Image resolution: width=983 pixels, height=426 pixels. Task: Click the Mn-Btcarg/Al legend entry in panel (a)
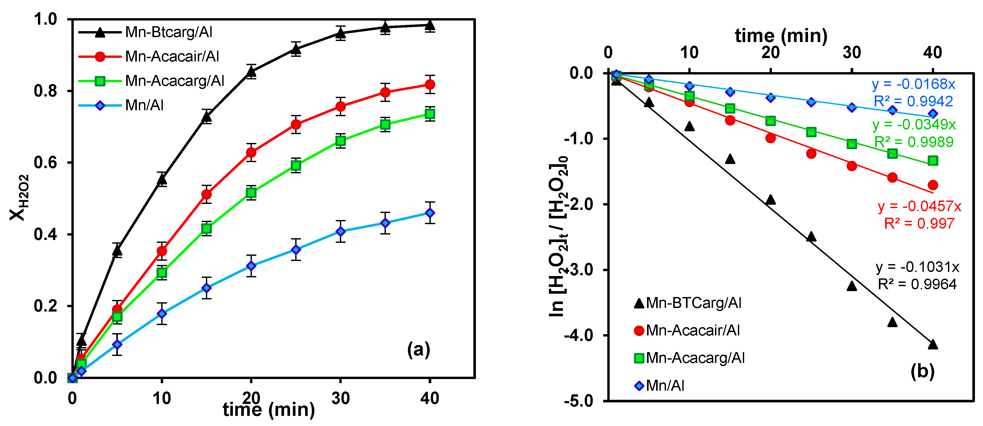168,32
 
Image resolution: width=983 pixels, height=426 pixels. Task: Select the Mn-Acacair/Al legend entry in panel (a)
172,57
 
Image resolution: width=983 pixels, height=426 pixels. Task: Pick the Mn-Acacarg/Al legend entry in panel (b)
695,358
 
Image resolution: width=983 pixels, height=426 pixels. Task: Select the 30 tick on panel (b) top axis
852,52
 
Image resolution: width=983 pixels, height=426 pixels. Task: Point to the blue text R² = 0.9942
913,101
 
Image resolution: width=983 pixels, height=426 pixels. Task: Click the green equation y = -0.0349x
914,124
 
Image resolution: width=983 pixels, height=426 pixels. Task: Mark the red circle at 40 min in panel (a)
430,84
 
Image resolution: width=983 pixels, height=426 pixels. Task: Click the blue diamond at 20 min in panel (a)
251,265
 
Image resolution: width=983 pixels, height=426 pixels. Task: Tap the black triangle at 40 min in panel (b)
933,344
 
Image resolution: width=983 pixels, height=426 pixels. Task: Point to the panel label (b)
922,371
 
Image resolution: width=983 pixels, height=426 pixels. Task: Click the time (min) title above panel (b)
781,36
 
